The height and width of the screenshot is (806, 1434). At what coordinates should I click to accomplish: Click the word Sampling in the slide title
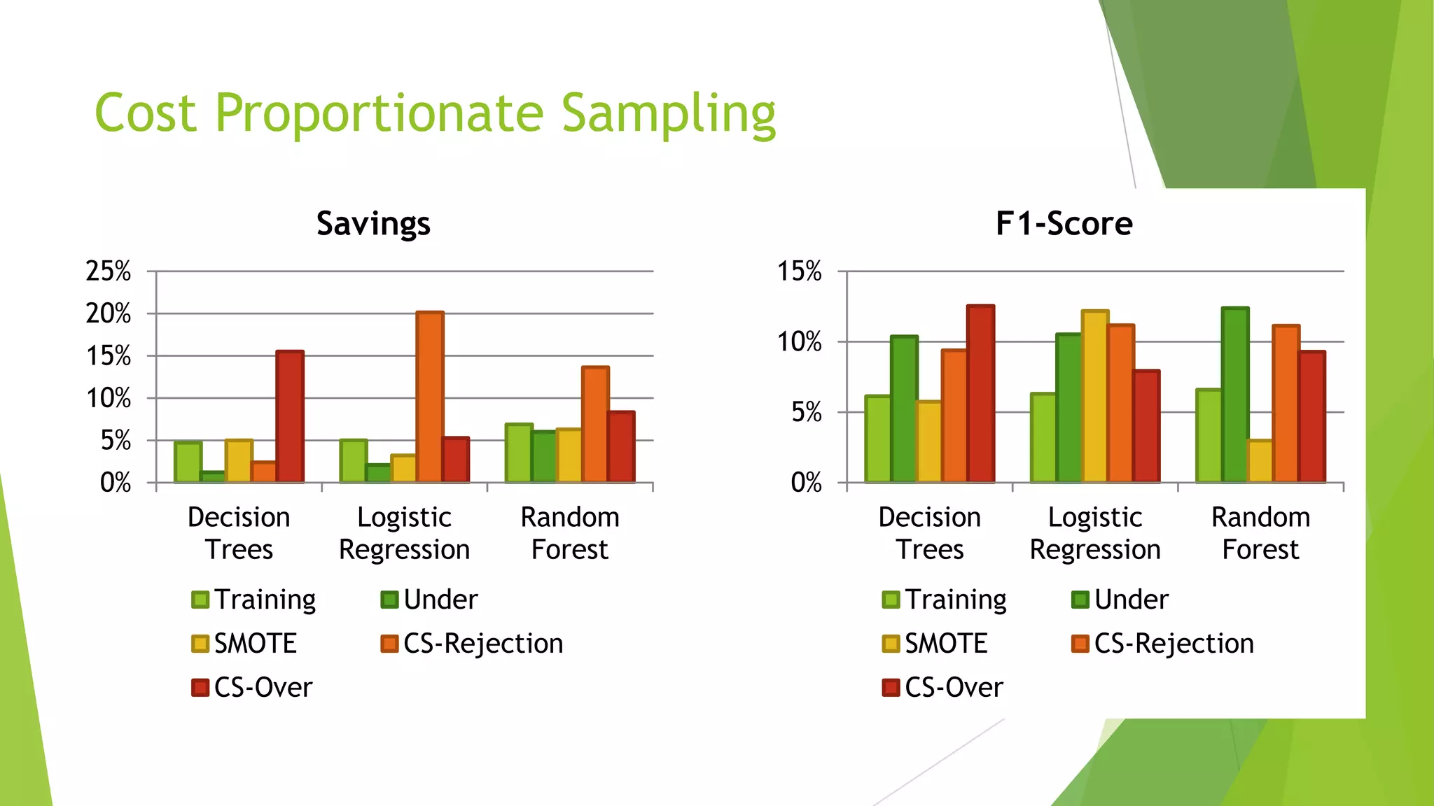669,114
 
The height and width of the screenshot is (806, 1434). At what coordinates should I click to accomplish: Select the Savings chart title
373,224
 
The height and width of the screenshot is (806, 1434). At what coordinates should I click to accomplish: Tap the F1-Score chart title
1064,224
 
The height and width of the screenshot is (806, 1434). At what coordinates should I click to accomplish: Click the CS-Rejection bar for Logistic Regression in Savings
430,397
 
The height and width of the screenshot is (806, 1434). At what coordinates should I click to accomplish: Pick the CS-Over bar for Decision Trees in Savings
290,417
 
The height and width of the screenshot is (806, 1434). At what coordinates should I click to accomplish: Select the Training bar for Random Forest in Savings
519,453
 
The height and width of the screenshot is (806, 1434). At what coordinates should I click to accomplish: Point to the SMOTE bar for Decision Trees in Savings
239,462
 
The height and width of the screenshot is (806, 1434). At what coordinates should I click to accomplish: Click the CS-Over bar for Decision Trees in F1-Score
980,394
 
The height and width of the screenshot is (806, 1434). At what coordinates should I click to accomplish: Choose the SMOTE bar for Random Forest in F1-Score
1260,462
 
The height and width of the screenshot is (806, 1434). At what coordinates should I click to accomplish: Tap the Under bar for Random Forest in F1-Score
1235,395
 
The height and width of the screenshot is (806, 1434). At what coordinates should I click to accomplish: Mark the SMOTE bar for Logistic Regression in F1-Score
1095,397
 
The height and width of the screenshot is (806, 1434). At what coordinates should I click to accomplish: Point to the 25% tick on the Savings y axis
109,271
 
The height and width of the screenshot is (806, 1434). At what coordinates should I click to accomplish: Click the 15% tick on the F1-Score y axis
799,271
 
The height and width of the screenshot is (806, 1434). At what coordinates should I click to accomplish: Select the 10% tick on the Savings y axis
109,399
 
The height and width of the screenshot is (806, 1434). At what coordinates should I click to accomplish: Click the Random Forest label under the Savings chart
570,533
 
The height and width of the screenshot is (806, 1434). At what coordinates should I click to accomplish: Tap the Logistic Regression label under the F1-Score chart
1095,533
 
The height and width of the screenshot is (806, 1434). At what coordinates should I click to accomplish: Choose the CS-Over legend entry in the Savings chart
253,687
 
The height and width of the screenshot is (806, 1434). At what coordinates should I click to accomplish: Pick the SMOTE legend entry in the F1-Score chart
935,644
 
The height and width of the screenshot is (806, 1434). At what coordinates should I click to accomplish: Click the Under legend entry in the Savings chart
430,600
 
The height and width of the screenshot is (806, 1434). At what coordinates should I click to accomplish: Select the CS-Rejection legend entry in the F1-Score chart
1163,644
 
